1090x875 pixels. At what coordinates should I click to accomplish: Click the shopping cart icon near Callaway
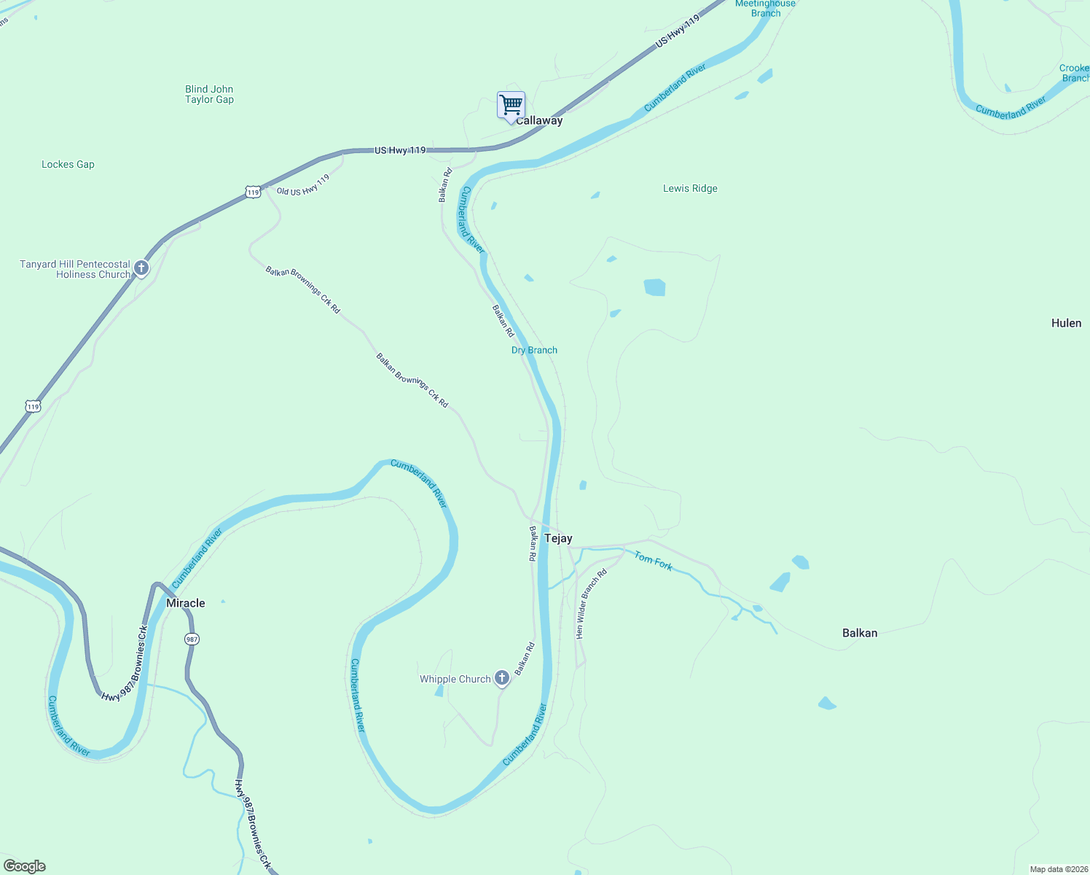coord(511,105)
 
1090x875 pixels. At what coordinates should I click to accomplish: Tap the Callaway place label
coord(539,121)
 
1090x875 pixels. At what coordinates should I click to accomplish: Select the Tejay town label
coord(558,539)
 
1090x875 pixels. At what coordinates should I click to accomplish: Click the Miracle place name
coord(186,604)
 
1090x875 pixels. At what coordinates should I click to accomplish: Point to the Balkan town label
coord(860,633)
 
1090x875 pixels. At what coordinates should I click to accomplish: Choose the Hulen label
coord(1066,324)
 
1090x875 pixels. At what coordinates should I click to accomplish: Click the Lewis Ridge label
coord(690,189)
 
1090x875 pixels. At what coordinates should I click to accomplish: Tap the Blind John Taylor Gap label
coord(209,95)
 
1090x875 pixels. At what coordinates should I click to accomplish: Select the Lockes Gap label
coord(68,165)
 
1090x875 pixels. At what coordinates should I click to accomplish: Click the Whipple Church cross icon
coord(502,678)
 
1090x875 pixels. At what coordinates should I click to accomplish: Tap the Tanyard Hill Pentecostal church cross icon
coord(141,268)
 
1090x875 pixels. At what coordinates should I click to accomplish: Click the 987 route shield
coord(192,639)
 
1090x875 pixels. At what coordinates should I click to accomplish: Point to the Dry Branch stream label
coord(534,351)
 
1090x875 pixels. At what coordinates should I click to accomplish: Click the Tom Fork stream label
coord(654,561)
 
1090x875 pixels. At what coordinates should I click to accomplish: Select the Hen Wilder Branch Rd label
coord(590,604)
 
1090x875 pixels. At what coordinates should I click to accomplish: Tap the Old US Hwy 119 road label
coord(303,186)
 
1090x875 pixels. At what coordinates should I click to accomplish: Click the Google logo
coord(25,866)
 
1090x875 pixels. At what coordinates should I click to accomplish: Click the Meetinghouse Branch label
coord(766,9)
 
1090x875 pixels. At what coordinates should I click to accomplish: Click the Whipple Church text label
coord(455,680)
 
